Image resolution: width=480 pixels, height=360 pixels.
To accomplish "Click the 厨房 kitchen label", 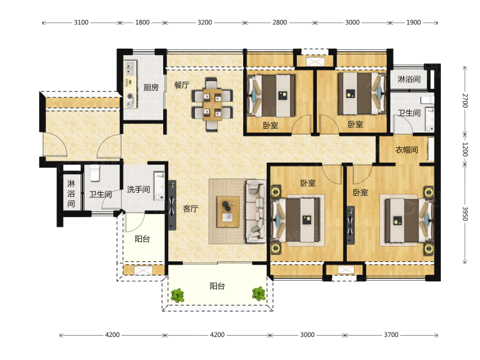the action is point(151,88).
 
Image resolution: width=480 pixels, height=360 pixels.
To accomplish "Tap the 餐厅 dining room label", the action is point(182,85).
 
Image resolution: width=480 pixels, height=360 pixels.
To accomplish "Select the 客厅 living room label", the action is point(191,209).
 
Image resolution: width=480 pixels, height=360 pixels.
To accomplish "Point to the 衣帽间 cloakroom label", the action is point(406,150).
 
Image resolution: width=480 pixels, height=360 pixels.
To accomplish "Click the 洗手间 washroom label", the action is point(138,190).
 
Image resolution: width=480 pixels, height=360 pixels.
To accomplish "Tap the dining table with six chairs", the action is point(212,104).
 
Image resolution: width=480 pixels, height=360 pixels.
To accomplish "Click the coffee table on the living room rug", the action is point(228,212).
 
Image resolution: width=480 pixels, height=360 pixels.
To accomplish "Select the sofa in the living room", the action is point(255,211).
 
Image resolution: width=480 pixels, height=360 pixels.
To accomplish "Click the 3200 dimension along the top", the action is point(205,22).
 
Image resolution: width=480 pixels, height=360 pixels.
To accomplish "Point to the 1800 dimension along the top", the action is point(142,22).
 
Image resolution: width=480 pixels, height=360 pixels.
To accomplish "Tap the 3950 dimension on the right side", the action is point(465,213).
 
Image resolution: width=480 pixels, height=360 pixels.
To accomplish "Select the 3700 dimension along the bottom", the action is point(391,334).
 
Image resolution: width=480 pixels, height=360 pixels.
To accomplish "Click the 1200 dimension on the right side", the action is point(465,149).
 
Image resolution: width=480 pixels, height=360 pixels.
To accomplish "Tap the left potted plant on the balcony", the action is point(177,295).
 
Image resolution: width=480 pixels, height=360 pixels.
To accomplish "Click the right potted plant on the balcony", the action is point(259,293).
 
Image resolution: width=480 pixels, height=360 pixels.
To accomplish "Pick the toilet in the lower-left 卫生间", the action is point(95,173).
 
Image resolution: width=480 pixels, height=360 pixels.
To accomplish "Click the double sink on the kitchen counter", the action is point(131,68).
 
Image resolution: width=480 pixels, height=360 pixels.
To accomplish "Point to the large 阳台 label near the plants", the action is point(218,286).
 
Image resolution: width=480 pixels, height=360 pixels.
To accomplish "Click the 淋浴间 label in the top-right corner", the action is point(409,79).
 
